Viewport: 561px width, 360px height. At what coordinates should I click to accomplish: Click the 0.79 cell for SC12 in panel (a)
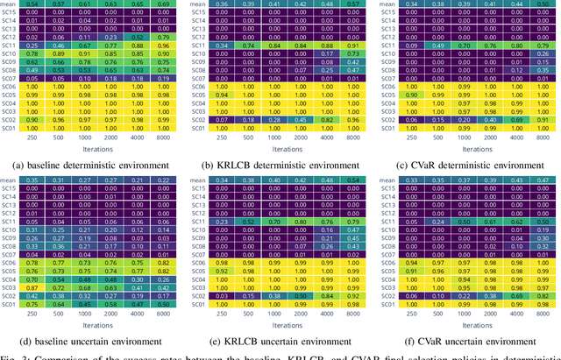point(162,38)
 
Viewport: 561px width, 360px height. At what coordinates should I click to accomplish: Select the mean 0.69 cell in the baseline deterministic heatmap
point(162,4)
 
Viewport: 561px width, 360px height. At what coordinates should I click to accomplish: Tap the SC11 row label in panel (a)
point(9,46)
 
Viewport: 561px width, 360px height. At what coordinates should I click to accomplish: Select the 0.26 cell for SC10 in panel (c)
point(543,54)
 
